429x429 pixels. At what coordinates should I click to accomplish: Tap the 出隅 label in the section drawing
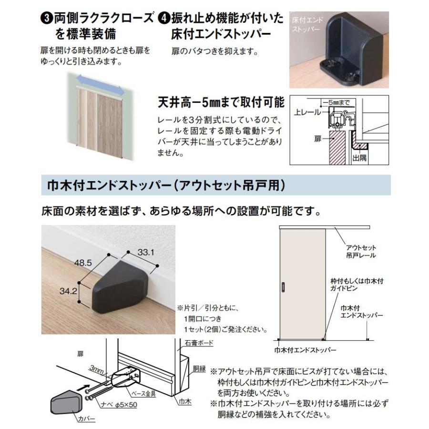pyautogui.click(x=360, y=157)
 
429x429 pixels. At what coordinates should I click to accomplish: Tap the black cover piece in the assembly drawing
pyautogui.click(x=64, y=403)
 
